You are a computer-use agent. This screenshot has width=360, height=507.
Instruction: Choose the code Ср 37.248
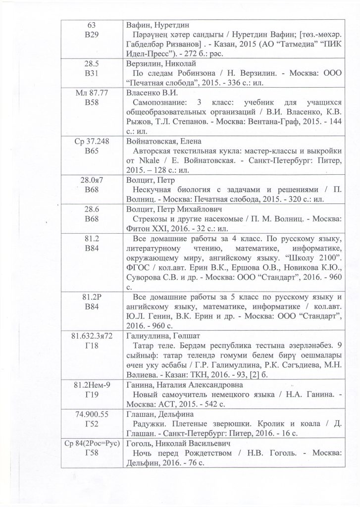pos(92,141)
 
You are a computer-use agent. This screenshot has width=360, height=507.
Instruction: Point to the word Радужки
pos(150,423)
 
